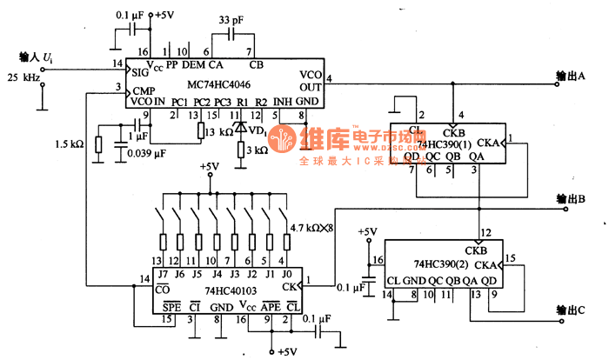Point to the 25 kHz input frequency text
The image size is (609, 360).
[26, 77]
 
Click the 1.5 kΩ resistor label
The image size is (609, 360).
[69, 144]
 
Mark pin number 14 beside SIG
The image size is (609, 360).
[117, 64]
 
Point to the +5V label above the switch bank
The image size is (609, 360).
[209, 166]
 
